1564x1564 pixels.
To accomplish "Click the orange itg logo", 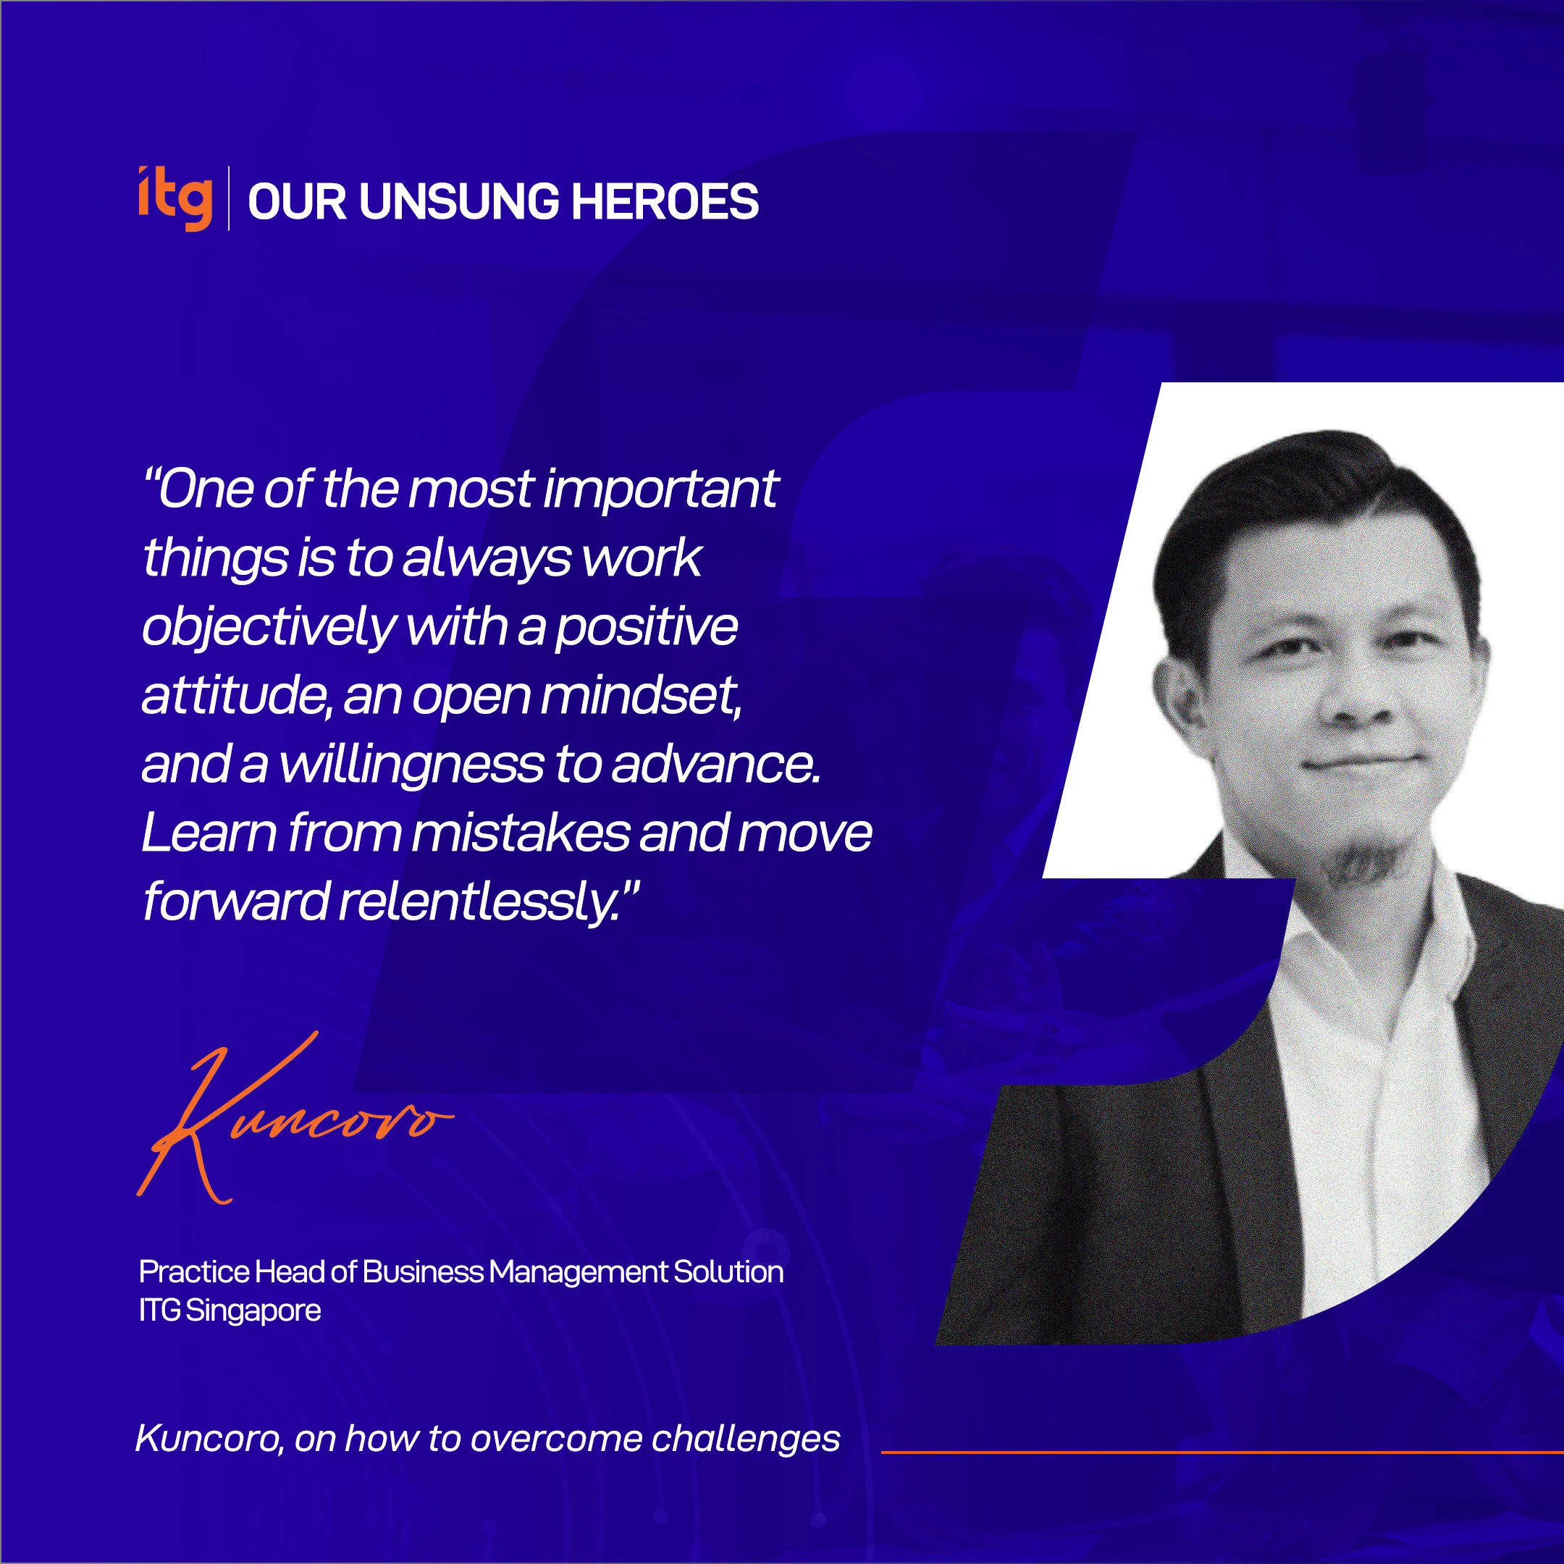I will click(x=175, y=198).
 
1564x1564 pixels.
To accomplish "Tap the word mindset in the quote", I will click(x=639, y=695).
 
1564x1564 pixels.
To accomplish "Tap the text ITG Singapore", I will click(x=230, y=1311).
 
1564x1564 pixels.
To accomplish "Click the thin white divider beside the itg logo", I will click(x=228, y=199).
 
